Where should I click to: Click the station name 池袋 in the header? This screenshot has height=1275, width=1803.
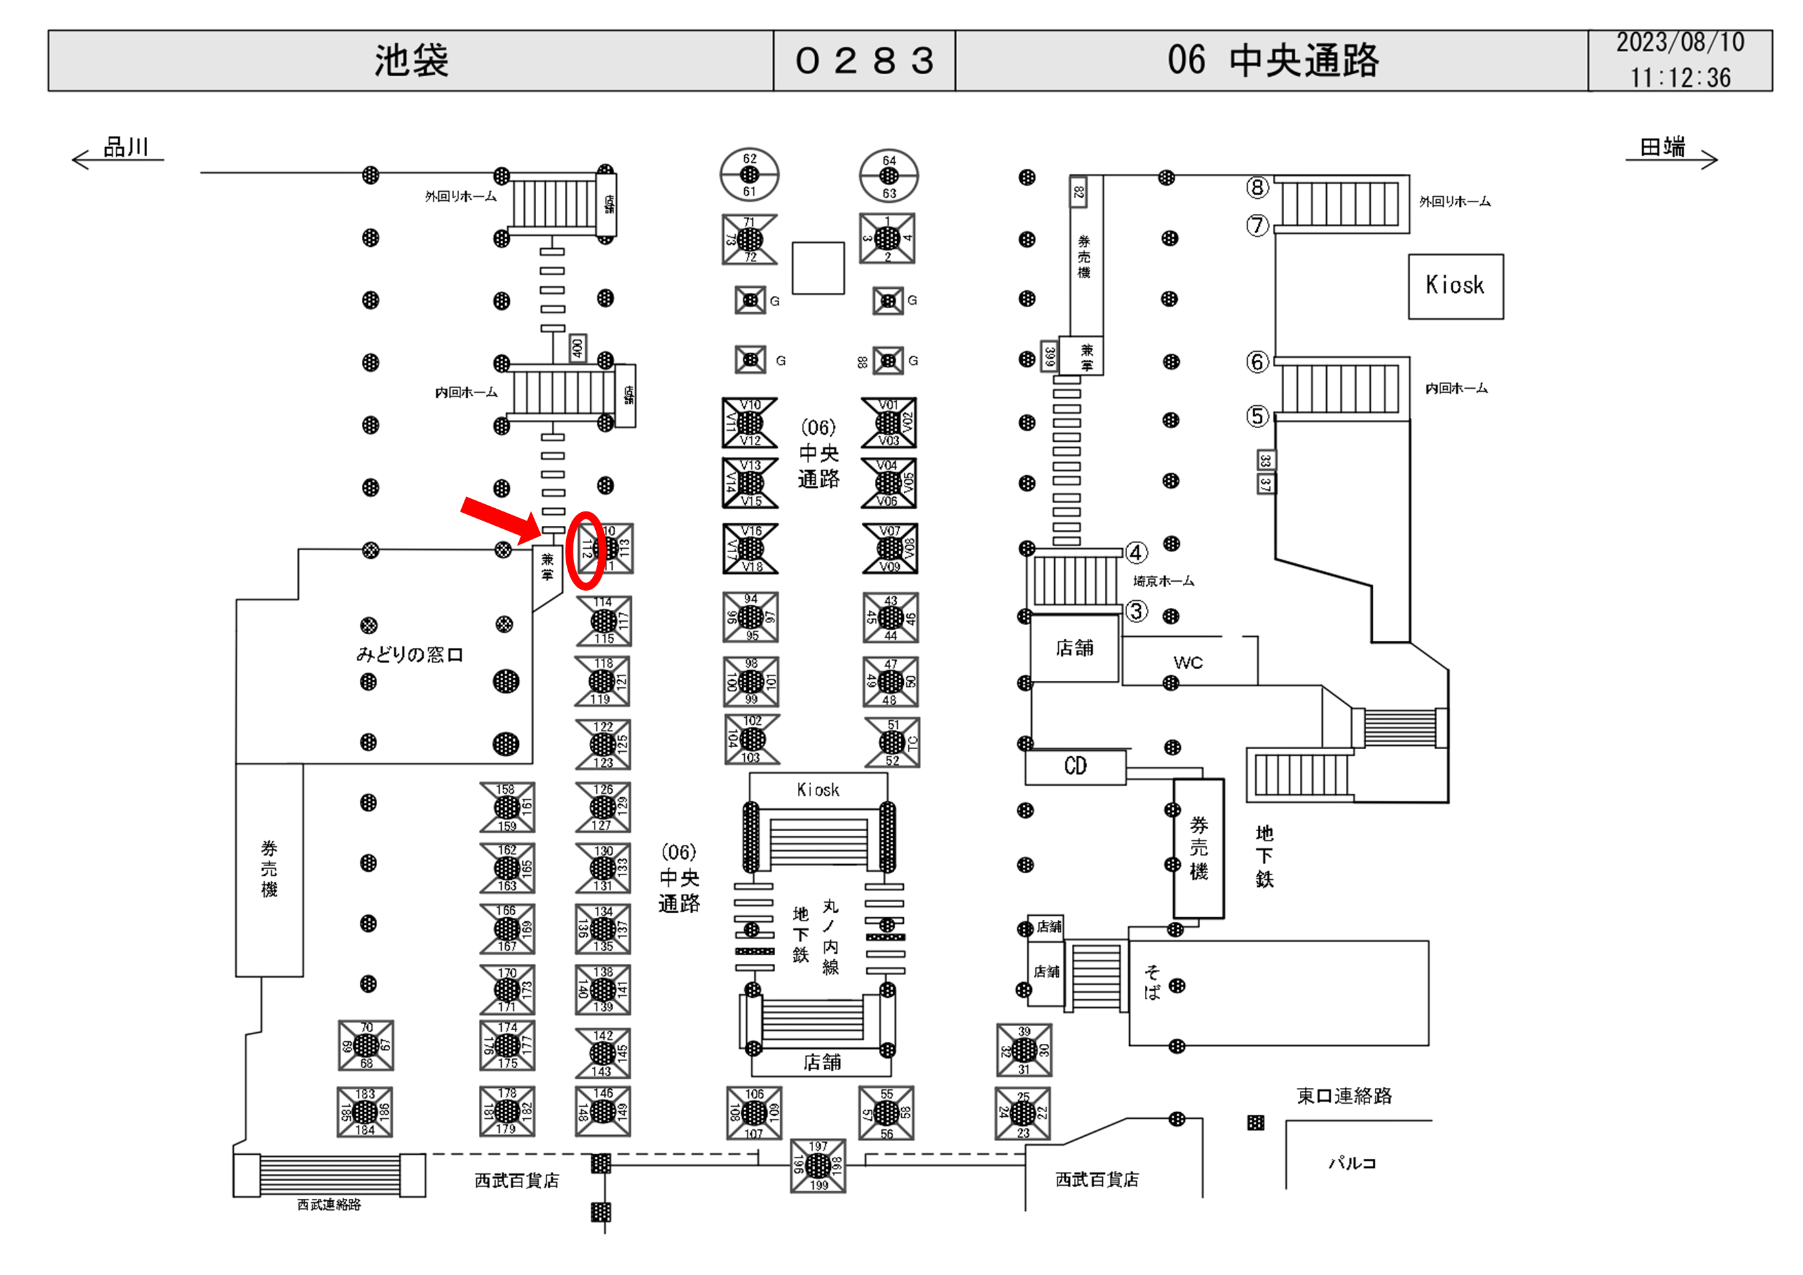click(411, 60)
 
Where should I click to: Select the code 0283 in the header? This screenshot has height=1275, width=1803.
click(864, 60)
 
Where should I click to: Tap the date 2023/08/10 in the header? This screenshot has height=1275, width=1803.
click(1680, 43)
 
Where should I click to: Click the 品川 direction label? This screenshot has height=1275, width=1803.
click(125, 147)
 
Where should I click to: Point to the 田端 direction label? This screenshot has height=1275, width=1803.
click(1662, 147)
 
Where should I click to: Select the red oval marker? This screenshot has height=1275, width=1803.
click(586, 550)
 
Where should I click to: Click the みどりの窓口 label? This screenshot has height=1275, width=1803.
click(409, 654)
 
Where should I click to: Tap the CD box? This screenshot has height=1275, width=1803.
click(1075, 766)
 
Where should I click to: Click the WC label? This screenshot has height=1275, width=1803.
click(1188, 662)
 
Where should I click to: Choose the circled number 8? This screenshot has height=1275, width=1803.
click(1257, 188)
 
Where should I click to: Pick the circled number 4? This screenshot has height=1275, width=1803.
click(1136, 553)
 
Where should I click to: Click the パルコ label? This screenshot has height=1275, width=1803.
click(1352, 1163)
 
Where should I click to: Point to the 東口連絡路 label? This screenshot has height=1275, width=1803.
click(1344, 1096)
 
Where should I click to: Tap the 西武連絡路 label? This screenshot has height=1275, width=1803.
click(329, 1204)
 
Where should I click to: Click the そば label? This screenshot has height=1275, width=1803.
click(1152, 982)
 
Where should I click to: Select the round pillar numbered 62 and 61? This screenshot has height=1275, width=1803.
click(749, 174)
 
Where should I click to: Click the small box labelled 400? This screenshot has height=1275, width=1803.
click(577, 347)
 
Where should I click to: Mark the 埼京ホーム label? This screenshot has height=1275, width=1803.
click(1163, 581)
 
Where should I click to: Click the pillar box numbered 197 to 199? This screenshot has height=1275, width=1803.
click(818, 1166)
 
